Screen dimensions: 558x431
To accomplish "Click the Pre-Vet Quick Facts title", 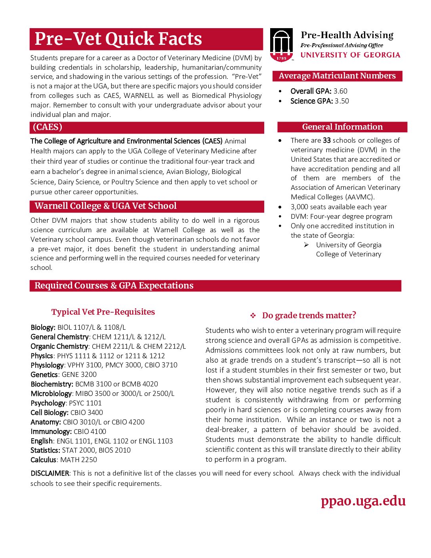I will (118, 39).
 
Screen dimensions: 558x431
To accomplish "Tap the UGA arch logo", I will (281, 44).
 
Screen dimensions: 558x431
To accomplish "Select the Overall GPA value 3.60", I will (340, 91).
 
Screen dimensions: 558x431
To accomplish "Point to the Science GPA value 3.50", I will (342, 101).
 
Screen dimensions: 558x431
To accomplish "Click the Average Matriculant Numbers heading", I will (337, 76).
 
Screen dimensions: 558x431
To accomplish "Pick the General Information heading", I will (342, 127).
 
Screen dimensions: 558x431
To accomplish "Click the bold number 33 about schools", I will (327, 140).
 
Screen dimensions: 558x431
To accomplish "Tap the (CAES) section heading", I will (48, 127).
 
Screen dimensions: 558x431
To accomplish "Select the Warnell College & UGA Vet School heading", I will (105, 206).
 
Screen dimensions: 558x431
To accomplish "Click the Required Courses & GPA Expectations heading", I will (114, 286).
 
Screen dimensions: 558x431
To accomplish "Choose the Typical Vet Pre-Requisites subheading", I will (103, 312).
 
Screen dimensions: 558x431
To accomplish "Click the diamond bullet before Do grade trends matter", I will (253, 316).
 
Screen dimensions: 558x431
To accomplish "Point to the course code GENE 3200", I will (79, 375).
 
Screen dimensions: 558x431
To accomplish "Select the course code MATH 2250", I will (78, 460).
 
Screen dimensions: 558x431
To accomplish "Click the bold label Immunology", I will (51, 432).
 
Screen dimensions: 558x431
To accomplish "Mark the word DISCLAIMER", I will (50, 473).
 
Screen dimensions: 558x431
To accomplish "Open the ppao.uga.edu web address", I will (363, 501).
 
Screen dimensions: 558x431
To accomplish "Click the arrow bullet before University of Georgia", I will (307, 245).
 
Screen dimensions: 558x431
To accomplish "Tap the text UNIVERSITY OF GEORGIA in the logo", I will (350, 55).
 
